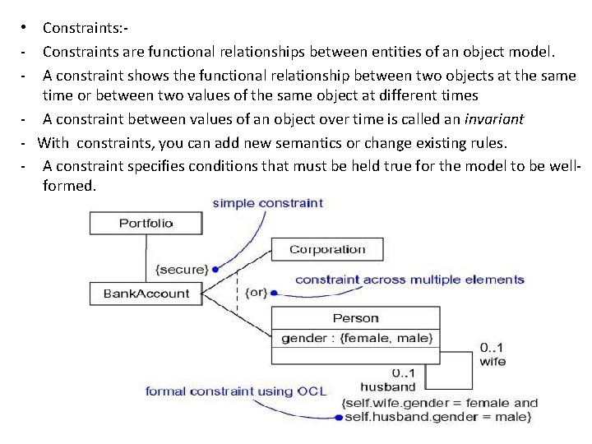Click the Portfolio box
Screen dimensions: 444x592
[x=146, y=223]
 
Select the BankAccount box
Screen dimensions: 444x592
[x=146, y=294]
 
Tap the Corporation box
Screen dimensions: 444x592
[x=327, y=249]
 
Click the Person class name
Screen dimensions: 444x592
[x=355, y=317]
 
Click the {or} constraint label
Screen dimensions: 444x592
[x=255, y=293]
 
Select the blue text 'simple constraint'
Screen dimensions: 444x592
[x=268, y=203]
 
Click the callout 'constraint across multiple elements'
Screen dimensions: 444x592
[x=409, y=280]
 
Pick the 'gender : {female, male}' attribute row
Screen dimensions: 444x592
[x=355, y=338]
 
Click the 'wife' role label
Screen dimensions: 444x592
[x=493, y=361]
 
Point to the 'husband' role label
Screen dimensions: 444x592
[x=388, y=386]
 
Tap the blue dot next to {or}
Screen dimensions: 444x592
[x=275, y=293]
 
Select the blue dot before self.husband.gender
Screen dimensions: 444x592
[x=340, y=417]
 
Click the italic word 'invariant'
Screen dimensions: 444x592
[x=493, y=119]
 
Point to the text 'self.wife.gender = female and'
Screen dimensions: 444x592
[x=439, y=403]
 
